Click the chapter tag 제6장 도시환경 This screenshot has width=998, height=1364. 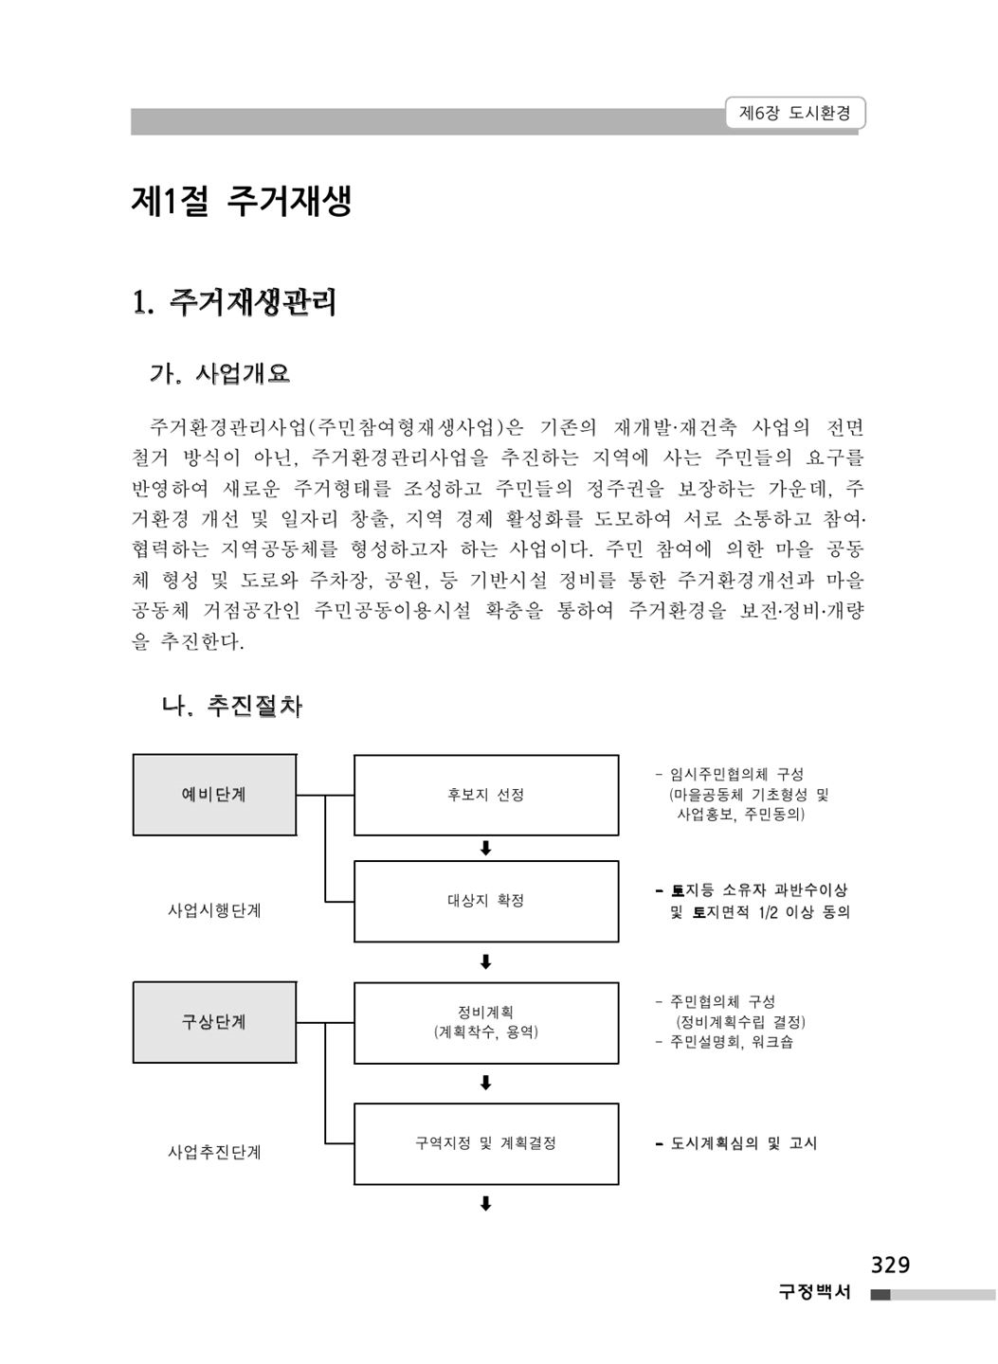[794, 113]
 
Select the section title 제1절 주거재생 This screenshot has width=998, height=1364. [242, 201]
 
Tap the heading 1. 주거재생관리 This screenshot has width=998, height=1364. [234, 302]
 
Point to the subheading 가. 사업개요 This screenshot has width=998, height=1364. [219, 372]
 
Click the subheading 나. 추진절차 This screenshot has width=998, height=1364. [231, 705]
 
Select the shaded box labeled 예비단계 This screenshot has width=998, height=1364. [214, 795]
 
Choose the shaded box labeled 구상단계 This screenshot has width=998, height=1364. [214, 1022]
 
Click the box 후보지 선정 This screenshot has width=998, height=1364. [486, 795]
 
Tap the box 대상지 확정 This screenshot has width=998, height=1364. [486, 901]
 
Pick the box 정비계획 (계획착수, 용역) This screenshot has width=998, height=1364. [486, 1023]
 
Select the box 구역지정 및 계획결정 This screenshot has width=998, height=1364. [486, 1143]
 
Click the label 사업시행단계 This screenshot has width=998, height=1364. [214, 910]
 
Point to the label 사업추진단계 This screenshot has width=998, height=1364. [214, 1152]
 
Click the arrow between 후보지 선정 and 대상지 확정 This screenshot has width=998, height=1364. [485, 849]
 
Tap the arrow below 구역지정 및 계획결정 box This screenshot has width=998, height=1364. [485, 1204]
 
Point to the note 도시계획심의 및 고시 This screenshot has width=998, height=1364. [736, 1143]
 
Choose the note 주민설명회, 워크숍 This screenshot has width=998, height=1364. [724, 1042]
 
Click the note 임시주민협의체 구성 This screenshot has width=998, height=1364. [730, 774]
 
